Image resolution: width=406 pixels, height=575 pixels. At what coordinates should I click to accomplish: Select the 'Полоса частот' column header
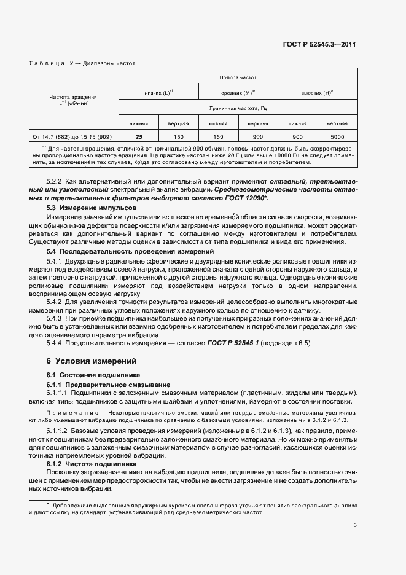click(x=237, y=78)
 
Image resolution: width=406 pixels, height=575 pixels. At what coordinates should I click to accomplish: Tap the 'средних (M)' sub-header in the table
click(x=237, y=92)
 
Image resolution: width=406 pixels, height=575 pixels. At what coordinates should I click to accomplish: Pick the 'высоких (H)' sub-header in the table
click(x=317, y=92)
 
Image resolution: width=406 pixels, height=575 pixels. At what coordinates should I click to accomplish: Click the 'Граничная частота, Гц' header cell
click(x=237, y=108)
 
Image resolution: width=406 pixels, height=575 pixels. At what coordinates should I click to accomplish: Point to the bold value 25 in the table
click(x=139, y=136)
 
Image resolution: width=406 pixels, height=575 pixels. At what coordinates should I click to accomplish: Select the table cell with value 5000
click(x=337, y=136)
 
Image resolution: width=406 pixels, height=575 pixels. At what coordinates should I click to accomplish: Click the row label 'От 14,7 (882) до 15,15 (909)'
click(x=74, y=136)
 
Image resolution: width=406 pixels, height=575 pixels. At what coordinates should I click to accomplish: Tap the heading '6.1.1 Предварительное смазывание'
click(x=100, y=384)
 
